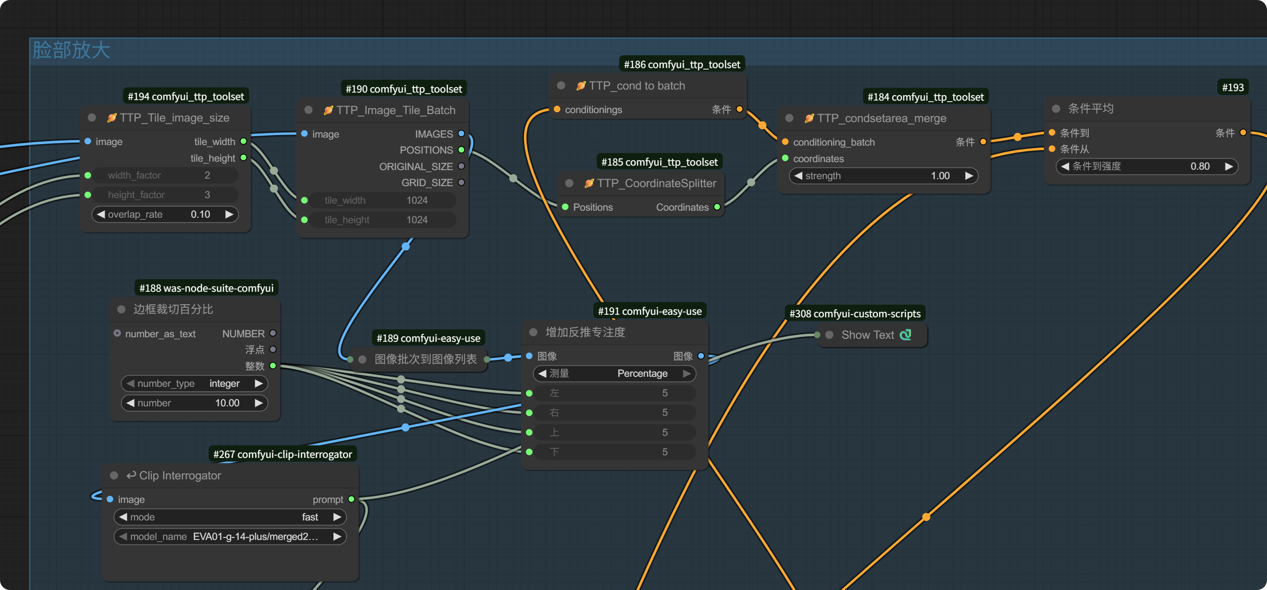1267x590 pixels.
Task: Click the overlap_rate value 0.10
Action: coord(200,214)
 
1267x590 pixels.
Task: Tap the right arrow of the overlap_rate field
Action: coord(229,214)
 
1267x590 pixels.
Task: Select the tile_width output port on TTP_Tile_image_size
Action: coord(243,141)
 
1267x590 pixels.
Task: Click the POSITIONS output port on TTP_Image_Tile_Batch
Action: coord(461,150)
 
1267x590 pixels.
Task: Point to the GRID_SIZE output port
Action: coord(461,182)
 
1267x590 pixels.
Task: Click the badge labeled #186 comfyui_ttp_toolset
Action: coord(682,64)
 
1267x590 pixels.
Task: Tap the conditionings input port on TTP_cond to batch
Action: coord(557,109)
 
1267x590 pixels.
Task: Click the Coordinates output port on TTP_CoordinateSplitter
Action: coord(717,207)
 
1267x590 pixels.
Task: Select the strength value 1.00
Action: coord(940,176)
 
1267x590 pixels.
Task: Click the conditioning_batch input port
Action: coord(785,142)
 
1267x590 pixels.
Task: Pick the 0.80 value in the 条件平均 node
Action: coord(1200,166)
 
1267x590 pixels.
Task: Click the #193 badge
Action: coord(1232,87)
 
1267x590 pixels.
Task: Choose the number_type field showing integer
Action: coord(194,383)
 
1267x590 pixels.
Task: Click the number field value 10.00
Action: coord(227,403)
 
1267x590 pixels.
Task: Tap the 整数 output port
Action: coord(273,365)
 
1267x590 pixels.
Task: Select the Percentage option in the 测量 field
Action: coord(642,373)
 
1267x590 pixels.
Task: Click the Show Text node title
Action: coord(868,335)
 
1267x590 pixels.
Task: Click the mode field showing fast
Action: coord(230,517)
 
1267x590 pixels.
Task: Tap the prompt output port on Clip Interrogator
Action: coord(351,499)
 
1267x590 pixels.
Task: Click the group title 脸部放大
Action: coord(71,50)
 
